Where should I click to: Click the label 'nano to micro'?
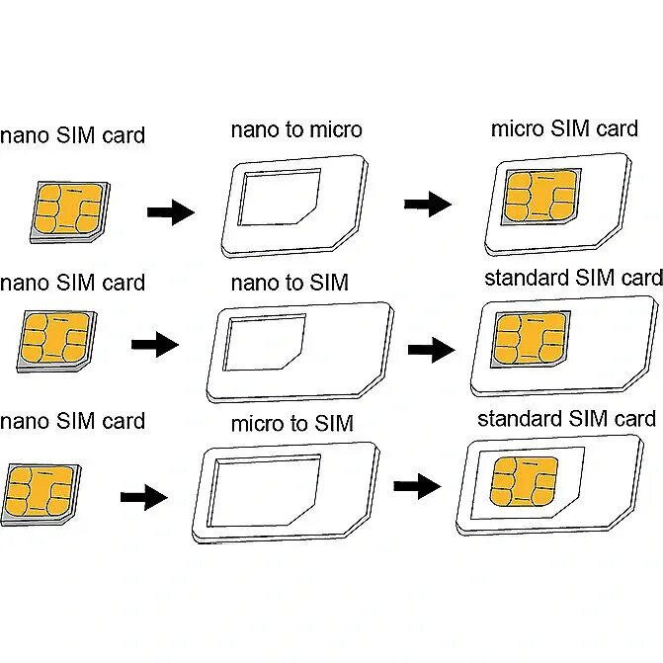(296, 130)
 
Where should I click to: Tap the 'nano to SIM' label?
(290, 284)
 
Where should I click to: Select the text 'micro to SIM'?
(291, 425)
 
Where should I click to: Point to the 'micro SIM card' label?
(564, 129)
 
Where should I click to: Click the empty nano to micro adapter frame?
(292, 205)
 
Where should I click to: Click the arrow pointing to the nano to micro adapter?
(170, 211)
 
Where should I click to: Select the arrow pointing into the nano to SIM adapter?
(154, 345)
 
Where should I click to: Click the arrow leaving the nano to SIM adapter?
(431, 349)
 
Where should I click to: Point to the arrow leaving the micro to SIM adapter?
(416, 486)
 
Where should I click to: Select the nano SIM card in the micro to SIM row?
(42, 493)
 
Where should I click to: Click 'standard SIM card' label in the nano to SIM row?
(572, 278)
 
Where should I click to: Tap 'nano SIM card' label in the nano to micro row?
(72, 135)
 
